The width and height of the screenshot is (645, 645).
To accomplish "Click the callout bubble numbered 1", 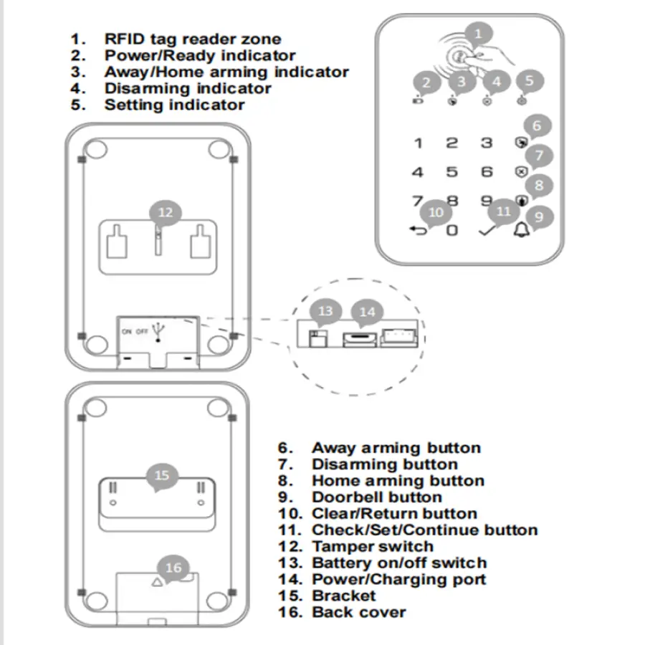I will coord(479,33).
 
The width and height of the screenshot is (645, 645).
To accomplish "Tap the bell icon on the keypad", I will coord(521,231).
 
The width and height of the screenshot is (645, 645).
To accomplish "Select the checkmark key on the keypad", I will coord(486,231).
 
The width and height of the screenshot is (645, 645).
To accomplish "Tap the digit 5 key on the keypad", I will coord(451,172).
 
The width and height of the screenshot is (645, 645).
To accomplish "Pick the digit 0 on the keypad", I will coord(451,231).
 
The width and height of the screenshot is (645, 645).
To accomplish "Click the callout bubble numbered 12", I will coord(166,212).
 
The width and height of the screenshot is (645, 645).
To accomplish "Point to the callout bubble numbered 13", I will coord(325,311).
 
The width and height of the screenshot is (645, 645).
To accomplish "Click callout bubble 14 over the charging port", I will coord(367,312).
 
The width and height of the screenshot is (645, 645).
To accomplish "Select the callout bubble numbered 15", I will coord(162,475).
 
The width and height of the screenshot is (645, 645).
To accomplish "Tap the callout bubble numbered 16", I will coord(173,568).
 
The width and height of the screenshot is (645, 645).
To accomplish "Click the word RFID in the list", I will coord(123,39).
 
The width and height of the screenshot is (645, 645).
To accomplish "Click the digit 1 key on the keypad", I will coord(418,143).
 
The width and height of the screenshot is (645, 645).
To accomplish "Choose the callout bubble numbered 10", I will coord(436,212).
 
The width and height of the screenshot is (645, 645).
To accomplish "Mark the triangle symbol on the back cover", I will coord(158,582).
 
